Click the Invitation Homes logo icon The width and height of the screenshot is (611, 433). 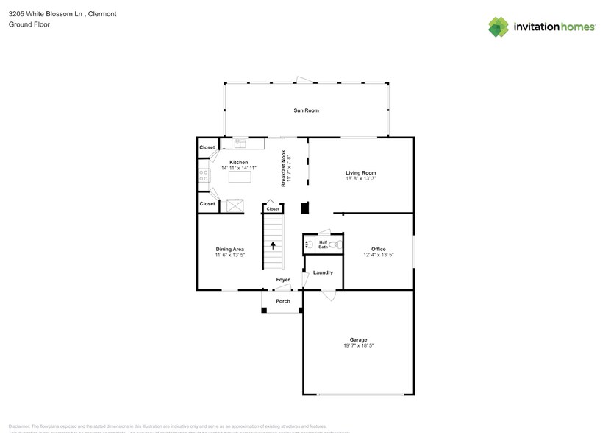click(x=499, y=27)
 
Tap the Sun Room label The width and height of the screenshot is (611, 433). click(x=307, y=110)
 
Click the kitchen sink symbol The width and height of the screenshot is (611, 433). click(x=240, y=144)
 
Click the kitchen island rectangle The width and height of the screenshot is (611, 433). click(x=239, y=177)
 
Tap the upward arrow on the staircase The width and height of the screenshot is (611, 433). click(x=274, y=246)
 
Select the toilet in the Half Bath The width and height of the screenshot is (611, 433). click(x=334, y=244)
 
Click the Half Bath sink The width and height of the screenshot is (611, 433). click(x=309, y=244)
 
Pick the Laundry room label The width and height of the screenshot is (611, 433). click(x=323, y=273)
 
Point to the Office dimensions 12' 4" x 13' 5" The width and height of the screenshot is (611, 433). click(x=379, y=255)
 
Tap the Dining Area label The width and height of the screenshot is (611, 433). click(x=229, y=250)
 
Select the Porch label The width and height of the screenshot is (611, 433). click(x=283, y=301)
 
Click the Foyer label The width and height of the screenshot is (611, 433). click(x=283, y=280)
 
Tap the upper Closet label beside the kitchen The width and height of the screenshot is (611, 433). click(x=207, y=147)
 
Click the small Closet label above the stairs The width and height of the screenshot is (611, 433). click(x=273, y=209)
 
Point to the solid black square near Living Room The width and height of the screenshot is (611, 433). click(x=305, y=208)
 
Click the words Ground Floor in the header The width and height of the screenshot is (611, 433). click(x=25, y=24)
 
